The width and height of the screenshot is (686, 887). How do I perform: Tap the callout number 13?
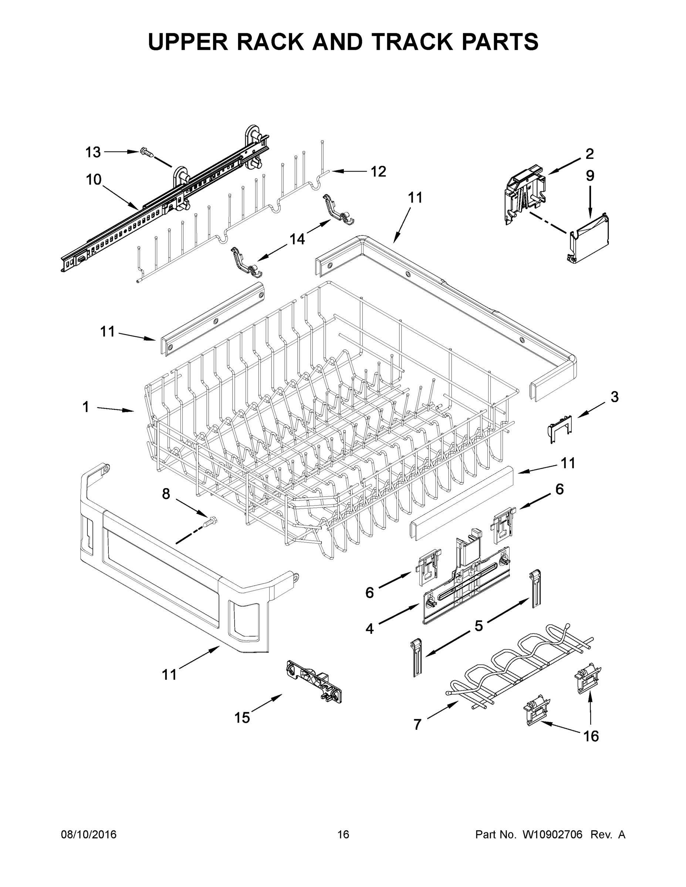pos(93,152)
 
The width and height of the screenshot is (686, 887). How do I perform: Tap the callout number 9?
pos(590,176)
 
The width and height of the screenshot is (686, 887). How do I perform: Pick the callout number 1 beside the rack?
pos(86,407)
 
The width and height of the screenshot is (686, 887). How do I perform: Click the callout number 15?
pos(242,718)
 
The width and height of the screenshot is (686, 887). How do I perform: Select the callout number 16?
pos(591,735)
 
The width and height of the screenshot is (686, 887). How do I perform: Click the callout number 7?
pos(418,724)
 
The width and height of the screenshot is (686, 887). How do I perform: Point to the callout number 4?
pos(369,629)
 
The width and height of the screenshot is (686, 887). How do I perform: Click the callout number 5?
pos(479,626)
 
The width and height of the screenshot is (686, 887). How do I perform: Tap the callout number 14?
pos(297,239)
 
